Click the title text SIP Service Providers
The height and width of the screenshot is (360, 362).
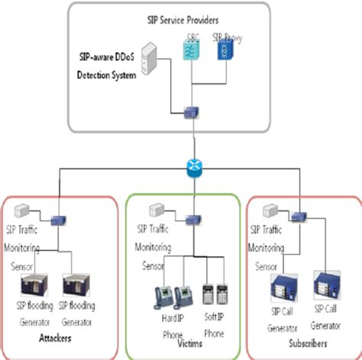pyautogui.click(x=196, y=18)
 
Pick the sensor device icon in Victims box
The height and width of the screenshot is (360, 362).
pyautogui.click(x=157, y=209)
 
